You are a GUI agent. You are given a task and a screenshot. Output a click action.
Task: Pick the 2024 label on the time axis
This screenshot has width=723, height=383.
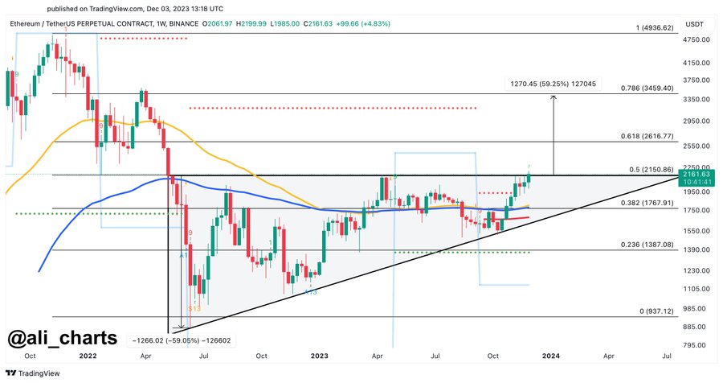click(x=551, y=355)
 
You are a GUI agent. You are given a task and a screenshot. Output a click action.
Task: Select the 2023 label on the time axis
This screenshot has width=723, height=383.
click(x=320, y=355)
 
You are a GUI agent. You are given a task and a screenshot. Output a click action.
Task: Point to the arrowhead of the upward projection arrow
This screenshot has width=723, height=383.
click(x=553, y=97)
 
